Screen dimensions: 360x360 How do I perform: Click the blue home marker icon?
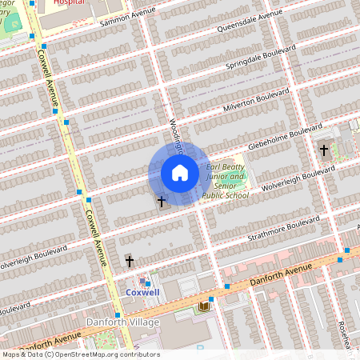click(x=180, y=173)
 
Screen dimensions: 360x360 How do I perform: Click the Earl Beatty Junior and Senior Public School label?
click(x=223, y=178)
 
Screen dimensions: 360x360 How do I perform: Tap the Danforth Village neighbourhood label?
click(x=122, y=322)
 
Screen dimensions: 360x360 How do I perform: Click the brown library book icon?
click(x=204, y=306)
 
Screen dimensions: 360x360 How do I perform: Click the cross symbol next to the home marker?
click(x=161, y=202)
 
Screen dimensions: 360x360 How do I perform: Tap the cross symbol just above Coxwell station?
click(x=129, y=262)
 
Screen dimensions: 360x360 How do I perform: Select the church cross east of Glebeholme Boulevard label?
click(x=324, y=150)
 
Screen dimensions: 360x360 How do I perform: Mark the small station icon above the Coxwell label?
click(x=143, y=280)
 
